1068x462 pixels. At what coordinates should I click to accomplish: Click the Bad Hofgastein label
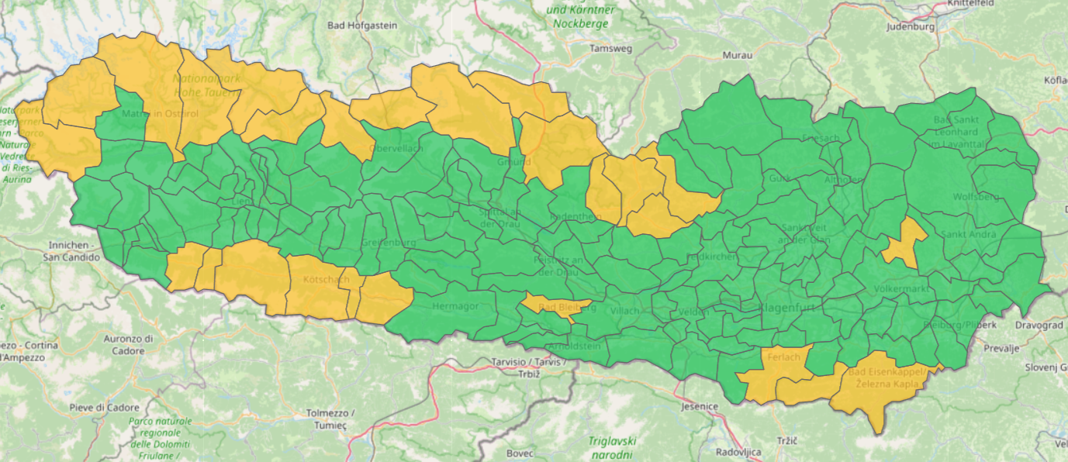362,26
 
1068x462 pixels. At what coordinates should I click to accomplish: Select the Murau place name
737,56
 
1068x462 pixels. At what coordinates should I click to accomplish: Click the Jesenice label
700,406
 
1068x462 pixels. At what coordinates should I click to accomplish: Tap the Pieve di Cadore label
104,408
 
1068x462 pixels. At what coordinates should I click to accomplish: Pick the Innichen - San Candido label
69,251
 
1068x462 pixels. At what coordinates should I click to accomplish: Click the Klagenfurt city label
786,307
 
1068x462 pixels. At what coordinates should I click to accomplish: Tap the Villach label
625,311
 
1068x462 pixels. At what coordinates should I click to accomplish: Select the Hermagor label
455,306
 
